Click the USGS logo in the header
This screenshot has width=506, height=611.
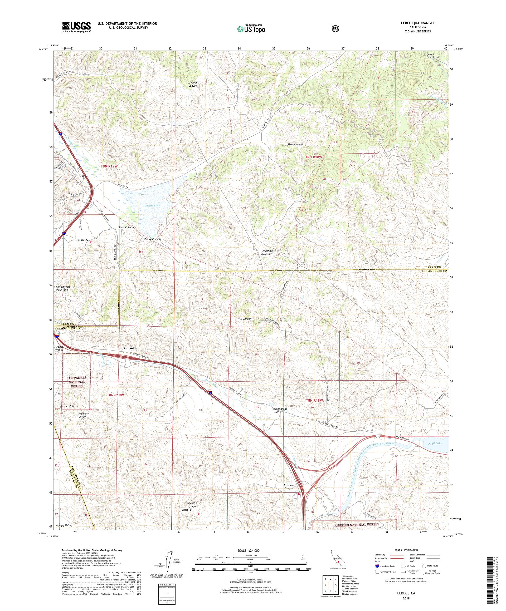[x=76, y=27]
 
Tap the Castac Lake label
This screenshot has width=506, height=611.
[x=152, y=205]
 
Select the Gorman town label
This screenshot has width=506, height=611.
[x=130, y=348]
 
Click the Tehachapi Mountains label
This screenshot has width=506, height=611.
[x=267, y=252]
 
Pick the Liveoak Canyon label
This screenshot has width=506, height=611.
[x=193, y=84]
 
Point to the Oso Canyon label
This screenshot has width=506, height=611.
[x=244, y=319]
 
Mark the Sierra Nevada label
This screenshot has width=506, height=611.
[x=296, y=144]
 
